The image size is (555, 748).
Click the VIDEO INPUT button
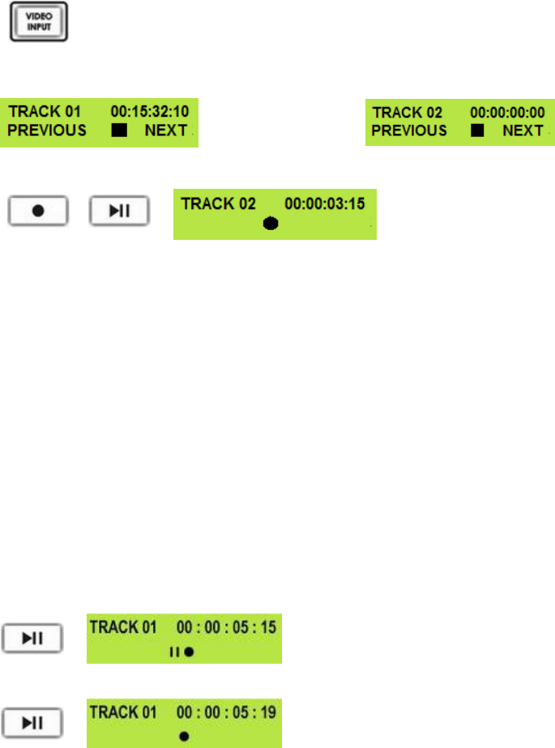(x=39, y=22)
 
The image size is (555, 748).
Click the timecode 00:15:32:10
(x=155, y=113)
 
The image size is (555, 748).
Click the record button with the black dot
(x=38, y=211)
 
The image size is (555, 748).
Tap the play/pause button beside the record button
(x=119, y=211)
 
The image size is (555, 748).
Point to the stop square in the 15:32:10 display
(x=120, y=131)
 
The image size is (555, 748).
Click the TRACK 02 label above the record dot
(x=212, y=203)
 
